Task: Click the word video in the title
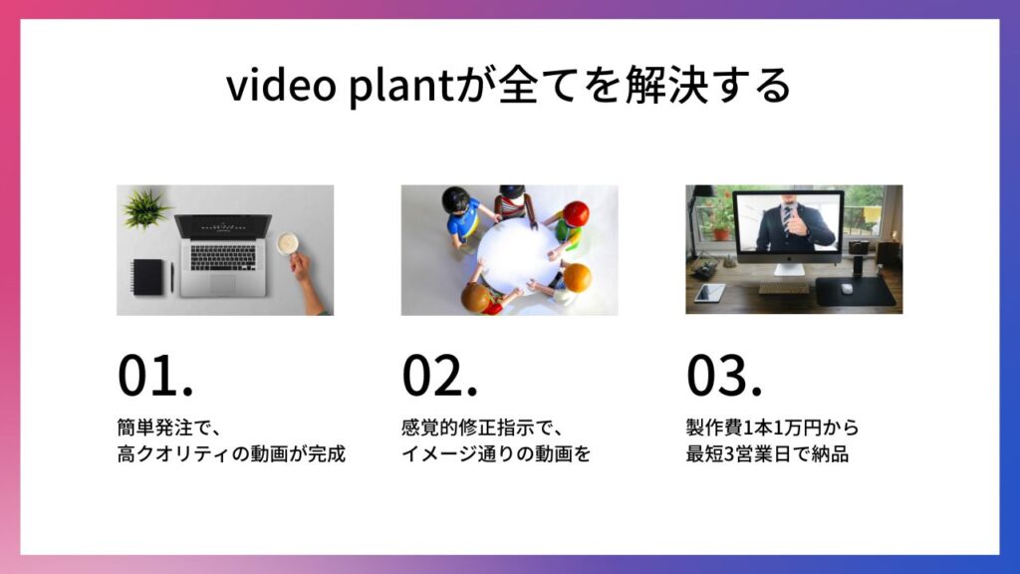click(281, 86)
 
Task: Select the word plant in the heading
click(400, 86)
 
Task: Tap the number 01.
click(155, 376)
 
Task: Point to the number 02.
click(439, 376)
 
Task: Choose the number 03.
click(724, 376)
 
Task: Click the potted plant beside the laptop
click(145, 208)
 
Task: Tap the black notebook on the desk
click(148, 277)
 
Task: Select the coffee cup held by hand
click(287, 244)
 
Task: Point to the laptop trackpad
click(222, 284)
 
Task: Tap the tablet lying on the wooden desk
click(709, 293)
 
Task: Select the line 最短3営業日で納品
click(768, 453)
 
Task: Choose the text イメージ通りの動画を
click(496, 453)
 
